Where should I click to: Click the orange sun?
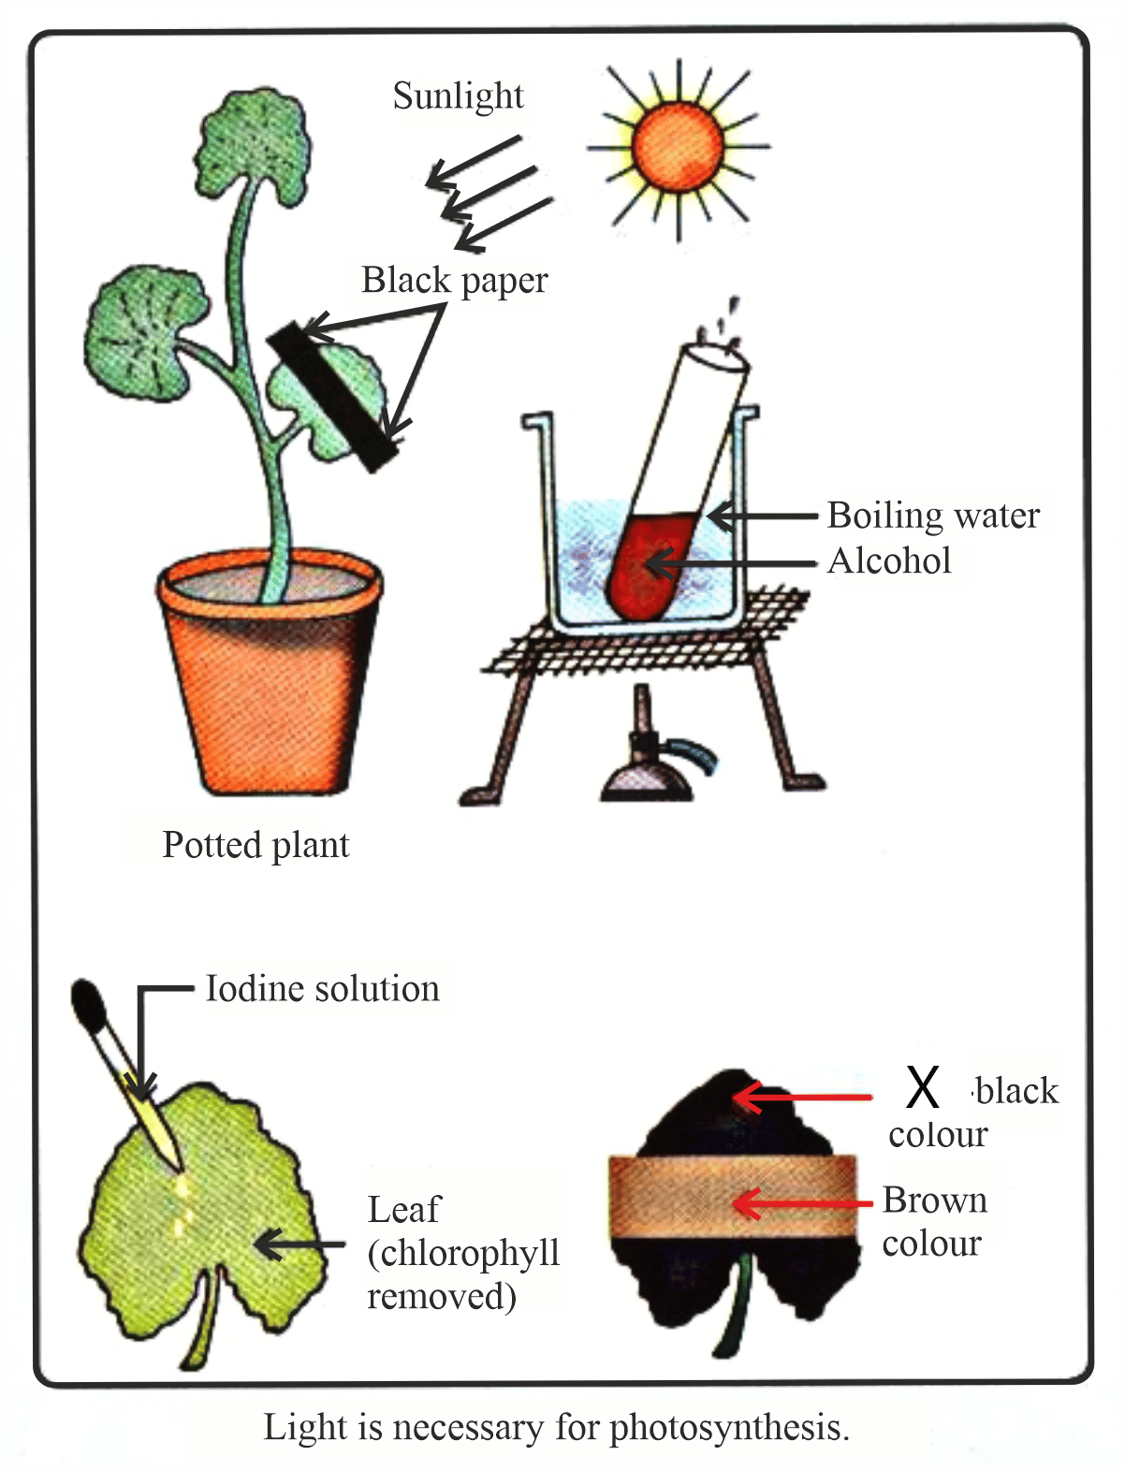click(x=678, y=147)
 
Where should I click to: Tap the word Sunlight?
click(x=458, y=95)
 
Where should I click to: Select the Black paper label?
click(x=454, y=280)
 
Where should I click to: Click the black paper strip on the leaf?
click(x=333, y=396)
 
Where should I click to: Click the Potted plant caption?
click(x=256, y=845)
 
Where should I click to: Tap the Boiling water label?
click(x=933, y=516)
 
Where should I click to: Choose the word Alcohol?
click(x=889, y=560)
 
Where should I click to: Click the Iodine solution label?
click(x=322, y=989)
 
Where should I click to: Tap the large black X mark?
click(x=922, y=1087)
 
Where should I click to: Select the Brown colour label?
click(x=933, y=1222)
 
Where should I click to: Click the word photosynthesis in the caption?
click(x=729, y=1429)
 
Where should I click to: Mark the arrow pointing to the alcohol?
click(x=730, y=564)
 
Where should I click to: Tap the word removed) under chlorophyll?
click(x=441, y=1297)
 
